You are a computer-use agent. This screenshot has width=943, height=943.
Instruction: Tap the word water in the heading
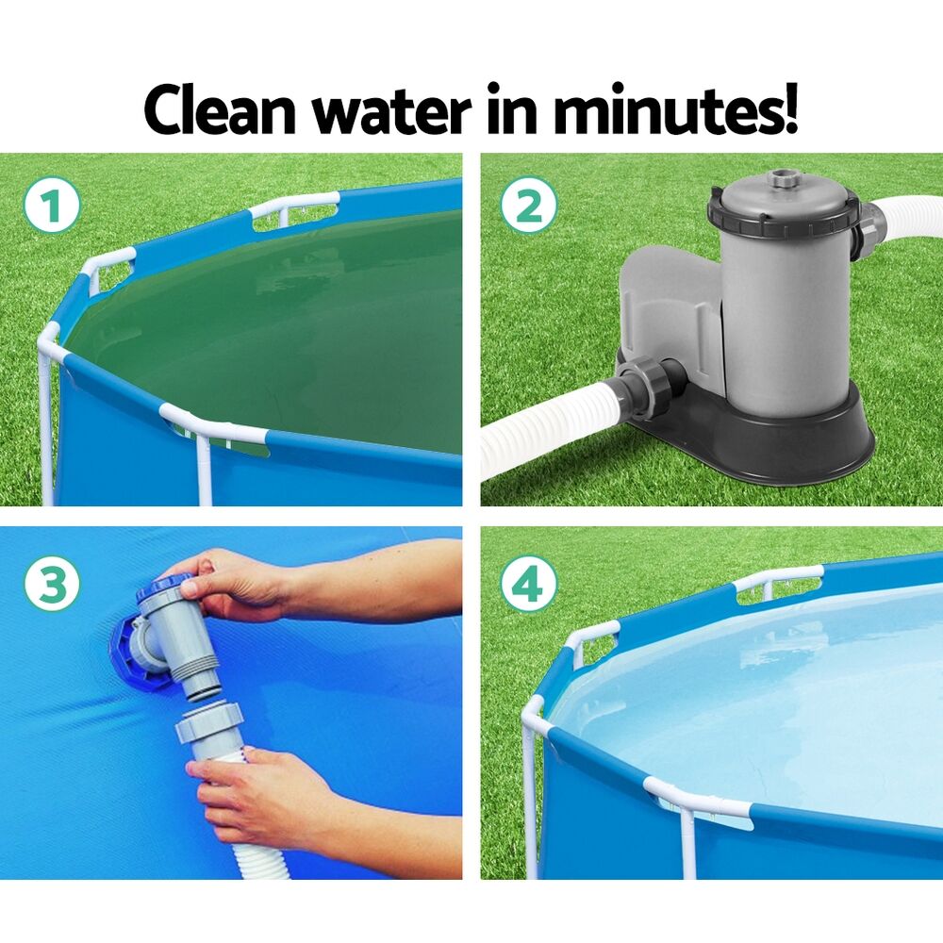pos(391,110)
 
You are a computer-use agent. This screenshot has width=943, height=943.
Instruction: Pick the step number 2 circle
pos(528,207)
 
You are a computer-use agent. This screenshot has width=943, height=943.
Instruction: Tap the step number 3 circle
pos(52,585)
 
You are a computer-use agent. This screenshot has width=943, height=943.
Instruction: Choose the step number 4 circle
pos(528,585)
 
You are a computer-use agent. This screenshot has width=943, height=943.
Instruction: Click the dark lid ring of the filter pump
pos(783,213)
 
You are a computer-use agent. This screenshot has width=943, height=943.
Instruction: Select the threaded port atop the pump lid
pos(782,179)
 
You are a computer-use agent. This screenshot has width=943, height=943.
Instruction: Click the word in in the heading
pos(510,110)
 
